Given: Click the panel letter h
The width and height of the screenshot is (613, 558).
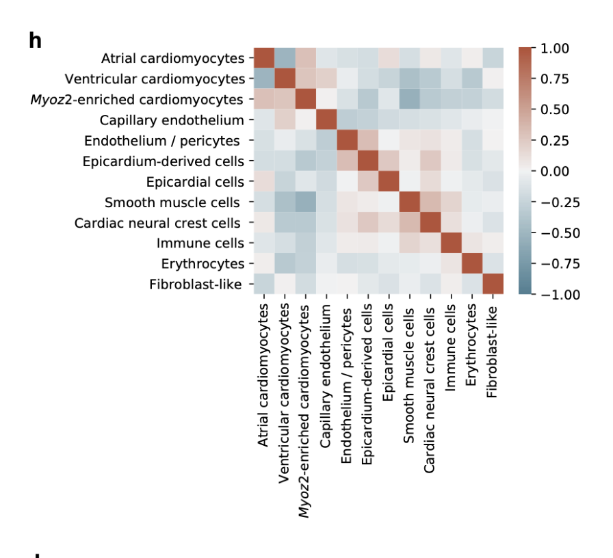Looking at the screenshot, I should click(x=35, y=41).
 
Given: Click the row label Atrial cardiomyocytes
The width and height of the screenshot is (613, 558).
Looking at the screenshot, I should click(x=172, y=59).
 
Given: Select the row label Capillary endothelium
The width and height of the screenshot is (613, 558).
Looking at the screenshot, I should click(x=172, y=120).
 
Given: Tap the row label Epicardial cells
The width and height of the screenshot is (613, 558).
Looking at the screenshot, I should click(x=195, y=182).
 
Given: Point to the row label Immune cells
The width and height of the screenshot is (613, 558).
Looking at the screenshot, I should click(x=200, y=243).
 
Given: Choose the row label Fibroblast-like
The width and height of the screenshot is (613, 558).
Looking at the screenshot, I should click(x=195, y=284).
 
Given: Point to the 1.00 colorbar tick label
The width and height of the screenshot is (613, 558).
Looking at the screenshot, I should click(x=555, y=49).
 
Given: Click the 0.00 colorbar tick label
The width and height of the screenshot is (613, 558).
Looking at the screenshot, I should click(x=555, y=171).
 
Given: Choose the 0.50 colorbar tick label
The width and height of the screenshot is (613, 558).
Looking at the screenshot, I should click(x=555, y=110).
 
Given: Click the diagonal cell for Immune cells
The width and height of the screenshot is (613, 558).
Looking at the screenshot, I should click(x=452, y=243).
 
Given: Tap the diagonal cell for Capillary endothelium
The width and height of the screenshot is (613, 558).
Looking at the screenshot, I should click(x=326, y=120).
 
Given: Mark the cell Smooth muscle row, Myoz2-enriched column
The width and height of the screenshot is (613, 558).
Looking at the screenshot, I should click(x=306, y=202).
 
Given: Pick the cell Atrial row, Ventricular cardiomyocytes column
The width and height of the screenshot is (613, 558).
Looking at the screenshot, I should click(x=285, y=59).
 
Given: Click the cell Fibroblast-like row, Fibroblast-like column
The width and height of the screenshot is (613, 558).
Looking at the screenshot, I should click(x=493, y=284).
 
